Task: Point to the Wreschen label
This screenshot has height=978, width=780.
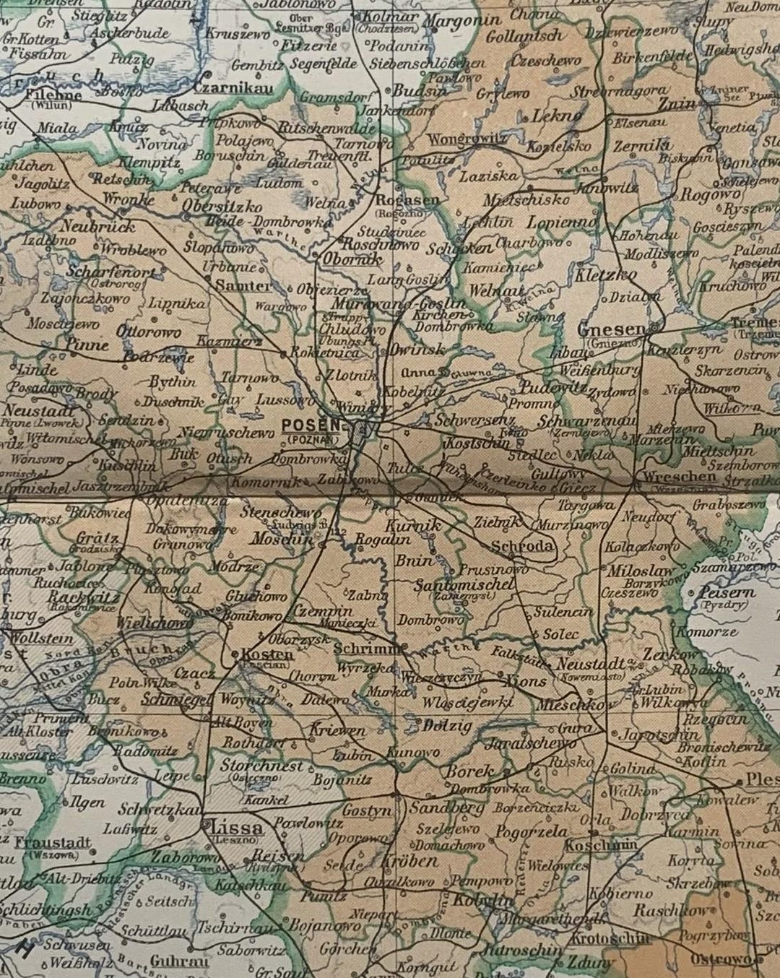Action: pyautogui.click(x=669, y=477)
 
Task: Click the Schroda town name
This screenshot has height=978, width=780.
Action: pyautogui.click(x=524, y=546)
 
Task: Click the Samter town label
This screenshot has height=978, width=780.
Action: pyautogui.click(x=243, y=285)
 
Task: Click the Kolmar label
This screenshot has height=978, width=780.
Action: pyautogui.click(x=389, y=17)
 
